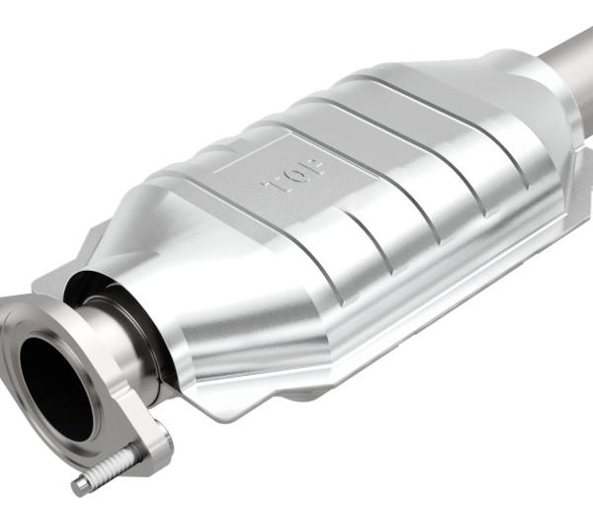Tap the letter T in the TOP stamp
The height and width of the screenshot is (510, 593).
271,183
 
